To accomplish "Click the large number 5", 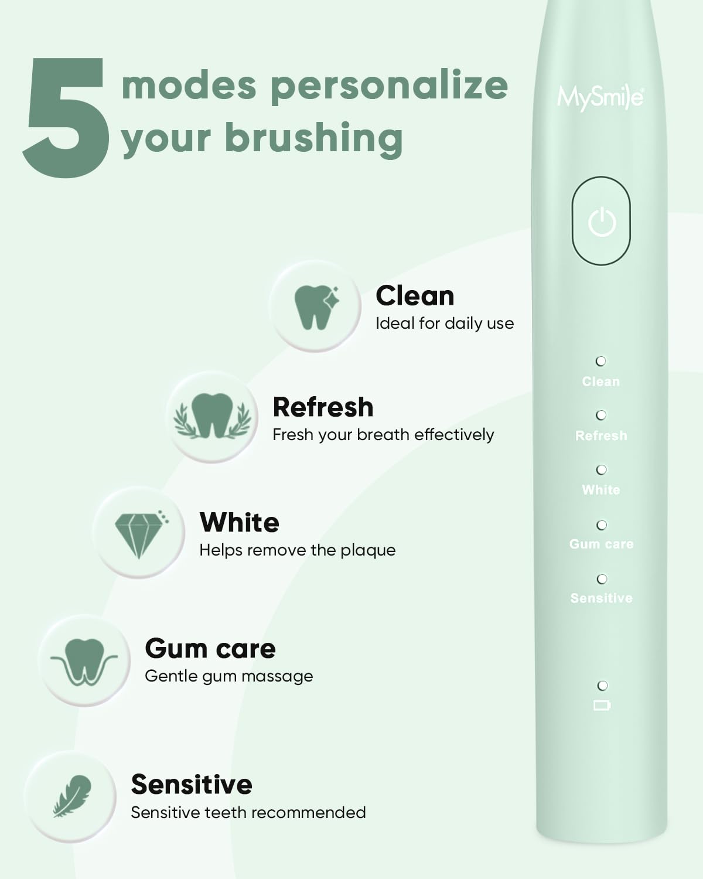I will tap(66, 117).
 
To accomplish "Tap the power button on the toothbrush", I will tap(601, 222).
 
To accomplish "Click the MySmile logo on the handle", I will tap(600, 97).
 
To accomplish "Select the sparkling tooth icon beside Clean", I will tap(316, 306).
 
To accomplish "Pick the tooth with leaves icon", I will tap(212, 417).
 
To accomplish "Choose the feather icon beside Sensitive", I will tap(73, 796).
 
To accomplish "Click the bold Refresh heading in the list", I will tap(323, 407).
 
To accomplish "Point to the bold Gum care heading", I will tap(210, 649).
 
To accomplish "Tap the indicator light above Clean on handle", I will tap(601, 361).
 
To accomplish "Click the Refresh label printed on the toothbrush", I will tap(601, 436).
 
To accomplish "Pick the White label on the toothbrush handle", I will tap(601, 490).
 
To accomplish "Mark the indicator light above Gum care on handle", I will tap(602, 525).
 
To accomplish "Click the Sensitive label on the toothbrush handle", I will tap(601, 598).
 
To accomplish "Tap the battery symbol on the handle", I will tap(602, 706).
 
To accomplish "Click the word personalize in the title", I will tap(389, 86).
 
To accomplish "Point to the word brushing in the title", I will tap(313, 138).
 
